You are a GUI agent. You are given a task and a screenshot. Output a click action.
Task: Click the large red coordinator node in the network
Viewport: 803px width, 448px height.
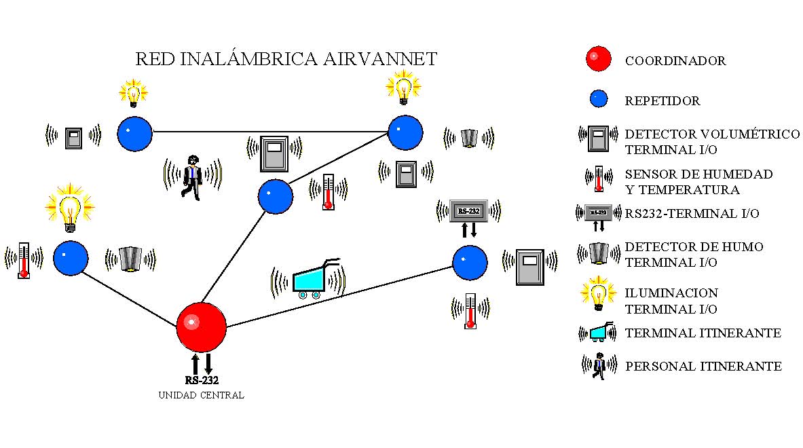(201, 326)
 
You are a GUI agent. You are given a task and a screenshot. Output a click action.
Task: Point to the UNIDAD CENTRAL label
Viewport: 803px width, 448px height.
(201, 395)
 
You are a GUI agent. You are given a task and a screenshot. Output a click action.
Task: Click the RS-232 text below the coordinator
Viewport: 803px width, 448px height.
(202, 380)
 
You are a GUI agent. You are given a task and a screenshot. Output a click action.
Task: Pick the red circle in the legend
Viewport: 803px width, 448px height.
(598, 59)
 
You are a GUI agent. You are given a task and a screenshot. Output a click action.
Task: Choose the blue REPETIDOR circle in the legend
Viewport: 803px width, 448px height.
(598, 99)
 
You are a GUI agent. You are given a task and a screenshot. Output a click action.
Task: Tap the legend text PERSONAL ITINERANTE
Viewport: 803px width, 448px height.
(703, 367)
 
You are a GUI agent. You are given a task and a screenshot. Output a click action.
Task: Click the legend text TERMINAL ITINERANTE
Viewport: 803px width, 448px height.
(703, 333)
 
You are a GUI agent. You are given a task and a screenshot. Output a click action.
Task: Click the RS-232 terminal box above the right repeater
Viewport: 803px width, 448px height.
(468, 210)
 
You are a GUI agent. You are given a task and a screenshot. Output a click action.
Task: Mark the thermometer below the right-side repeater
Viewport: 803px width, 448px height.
(470, 310)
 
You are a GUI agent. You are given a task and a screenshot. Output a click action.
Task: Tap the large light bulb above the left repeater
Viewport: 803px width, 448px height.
(69, 208)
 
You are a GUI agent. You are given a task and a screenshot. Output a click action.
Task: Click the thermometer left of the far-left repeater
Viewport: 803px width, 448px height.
(24, 259)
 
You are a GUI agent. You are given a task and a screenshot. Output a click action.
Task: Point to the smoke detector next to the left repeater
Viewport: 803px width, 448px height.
(130, 259)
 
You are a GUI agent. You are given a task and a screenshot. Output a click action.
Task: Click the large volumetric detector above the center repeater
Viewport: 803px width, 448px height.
(275, 153)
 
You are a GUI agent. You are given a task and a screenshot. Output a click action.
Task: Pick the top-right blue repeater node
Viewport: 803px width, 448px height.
(405, 132)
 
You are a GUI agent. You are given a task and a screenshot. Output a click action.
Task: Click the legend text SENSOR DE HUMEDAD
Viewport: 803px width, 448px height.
(698, 174)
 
